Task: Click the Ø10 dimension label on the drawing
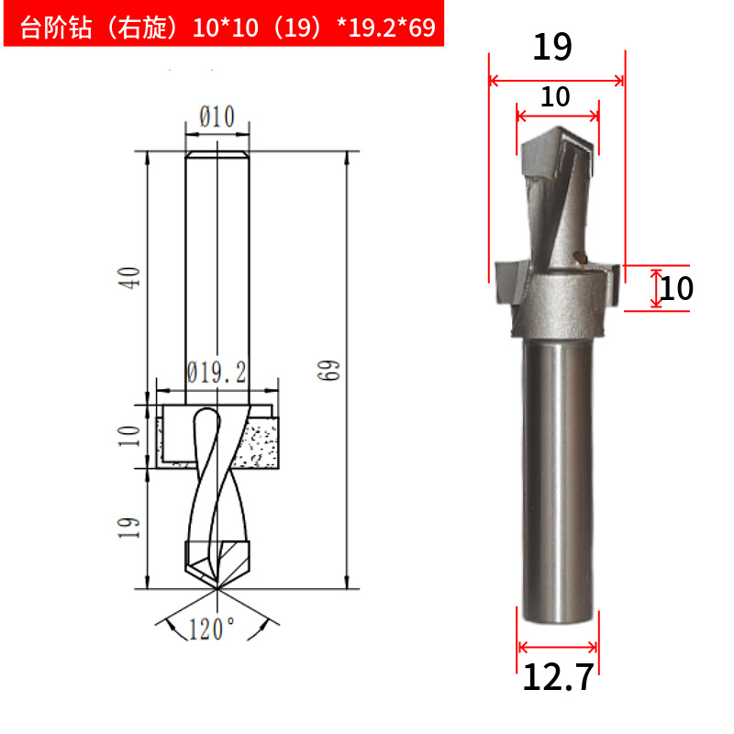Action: (x=217, y=117)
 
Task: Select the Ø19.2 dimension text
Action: (x=217, y=373)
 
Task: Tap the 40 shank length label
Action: (x=128, y=278)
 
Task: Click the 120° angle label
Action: (x=212, y=628)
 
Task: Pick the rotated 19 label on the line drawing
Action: (x=128, y=528)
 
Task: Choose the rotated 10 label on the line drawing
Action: (x=128, y=436)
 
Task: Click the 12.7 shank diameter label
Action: (x=558, y=677)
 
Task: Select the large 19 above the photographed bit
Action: (x=552, y=47)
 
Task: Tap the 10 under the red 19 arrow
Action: (x=555, y=97)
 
